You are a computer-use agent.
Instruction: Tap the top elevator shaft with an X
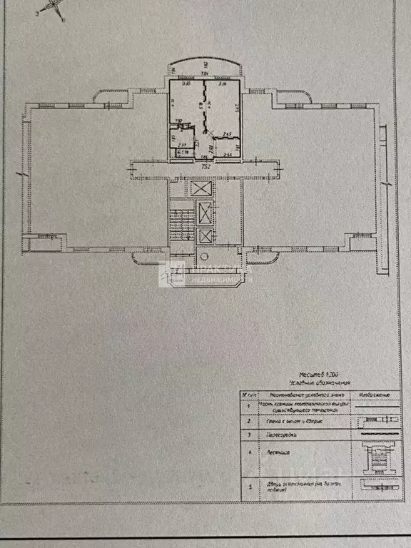pyautogui.click(x=203, y=189)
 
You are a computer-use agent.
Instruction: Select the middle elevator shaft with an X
pyautogui.click(x=205, y=213)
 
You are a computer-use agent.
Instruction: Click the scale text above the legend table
pyautogui.click(x=320, y=373)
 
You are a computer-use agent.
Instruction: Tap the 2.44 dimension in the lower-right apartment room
pyautogui.click(x=227, y=154)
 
